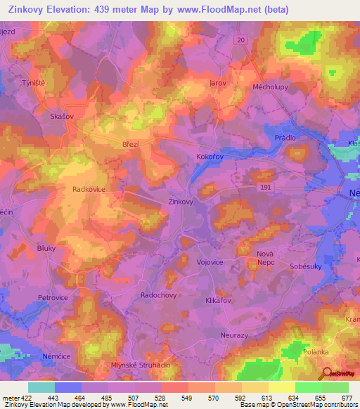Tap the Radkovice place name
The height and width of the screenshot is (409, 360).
coord(89,190)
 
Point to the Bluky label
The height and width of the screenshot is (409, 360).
coord(46,248)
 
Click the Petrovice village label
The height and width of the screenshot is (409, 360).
coord(53,298)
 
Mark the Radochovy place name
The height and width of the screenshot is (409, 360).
coord(158,296)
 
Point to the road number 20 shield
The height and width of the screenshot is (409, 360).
coord(241,41)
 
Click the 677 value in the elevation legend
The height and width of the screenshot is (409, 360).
coord(345,398)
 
